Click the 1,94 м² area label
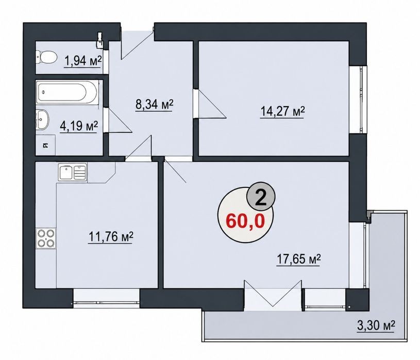pyautogui.click(x=83, y=61)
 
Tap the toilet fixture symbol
pyautogui.click(x=46, y=57)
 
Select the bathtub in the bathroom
pyautogui.click(x=66, y=93)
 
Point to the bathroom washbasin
pyautogui.click(x=43, y=119)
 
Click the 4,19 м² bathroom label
pyautogui.click(x=79, y=126)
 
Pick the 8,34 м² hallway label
pyautogui.click(x=154, y=104)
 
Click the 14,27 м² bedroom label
pyautogui.click(x=282, y=112)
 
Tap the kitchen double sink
pyautogui.click(x=73, y=172)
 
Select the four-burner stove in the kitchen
pyautogui.click(x=46, y=238)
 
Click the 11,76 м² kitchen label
pyautogui.click(x=110, y=237)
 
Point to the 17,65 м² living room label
pyautogui.click(x=298, y=260)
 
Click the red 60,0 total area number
pyautogui.click(x=245, y=221)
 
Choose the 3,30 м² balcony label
pyautogui.click(x=376, y=325)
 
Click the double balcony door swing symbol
pyautogui.click(x=273, y=294)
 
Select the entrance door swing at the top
pyautogui.click(x=138, y=43)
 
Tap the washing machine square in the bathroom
pyautogui.click(x=45, y=145)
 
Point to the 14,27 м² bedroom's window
pyautogui.click(x=363, y=99)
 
